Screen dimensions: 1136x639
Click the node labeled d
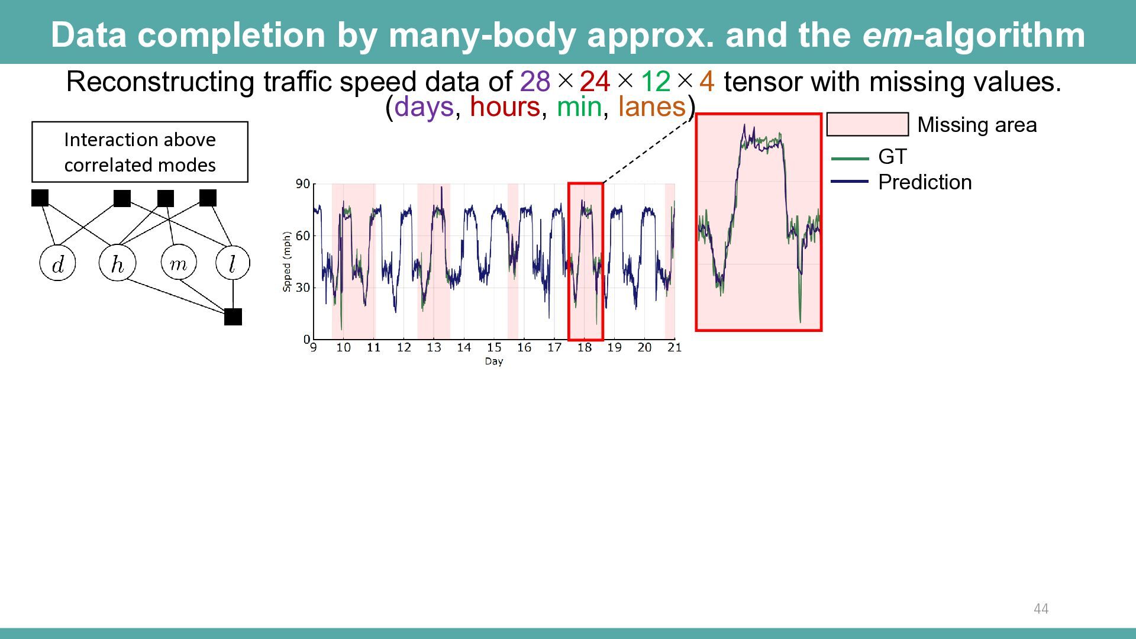click(57, 263)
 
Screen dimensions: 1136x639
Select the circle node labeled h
click(117, 263)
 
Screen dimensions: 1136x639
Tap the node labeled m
click(178, 262)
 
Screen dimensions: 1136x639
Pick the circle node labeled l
click(233, 263)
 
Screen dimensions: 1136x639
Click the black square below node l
click(233, 317)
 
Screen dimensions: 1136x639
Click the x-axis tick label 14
click(464, 348)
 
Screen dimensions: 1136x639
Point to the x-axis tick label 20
click(644, 348)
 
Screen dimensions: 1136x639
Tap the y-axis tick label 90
click(302, 184)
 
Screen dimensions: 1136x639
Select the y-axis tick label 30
click(302, 288)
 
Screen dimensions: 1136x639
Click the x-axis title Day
click(494, 362)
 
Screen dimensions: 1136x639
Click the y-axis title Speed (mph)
click(287, 262)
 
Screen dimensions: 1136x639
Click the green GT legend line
click(850, 159)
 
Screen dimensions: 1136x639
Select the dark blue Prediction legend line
click(850, 182)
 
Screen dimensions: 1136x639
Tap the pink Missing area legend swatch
click(867, 124)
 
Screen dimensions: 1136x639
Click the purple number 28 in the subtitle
click(535, 82)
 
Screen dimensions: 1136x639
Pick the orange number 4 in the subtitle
click(707, 82)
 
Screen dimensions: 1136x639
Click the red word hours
click(505, 107)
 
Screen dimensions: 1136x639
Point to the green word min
click(579, 107)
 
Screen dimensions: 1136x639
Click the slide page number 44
click(1041, 609)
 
